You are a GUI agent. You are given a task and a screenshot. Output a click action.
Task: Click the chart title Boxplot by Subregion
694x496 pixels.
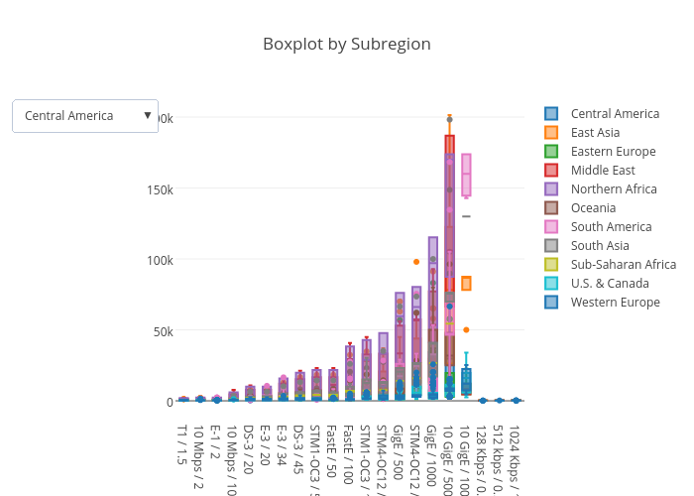pos(346,44)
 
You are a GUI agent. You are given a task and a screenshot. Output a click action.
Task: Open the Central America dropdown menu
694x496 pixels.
pos(85,116)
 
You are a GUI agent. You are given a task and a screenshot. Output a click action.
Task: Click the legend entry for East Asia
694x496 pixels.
pos(595,133)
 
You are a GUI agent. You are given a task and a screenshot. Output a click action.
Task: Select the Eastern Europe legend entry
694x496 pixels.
pos(613,152)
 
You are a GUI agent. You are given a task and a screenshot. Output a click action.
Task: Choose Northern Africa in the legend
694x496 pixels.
pos(614,189)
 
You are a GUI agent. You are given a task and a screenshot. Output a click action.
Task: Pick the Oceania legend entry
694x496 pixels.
pos(593,208)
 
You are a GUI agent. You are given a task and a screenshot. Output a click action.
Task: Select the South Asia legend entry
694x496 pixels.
pos(600,246)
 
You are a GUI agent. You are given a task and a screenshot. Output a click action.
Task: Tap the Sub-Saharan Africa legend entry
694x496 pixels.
pos(623,265)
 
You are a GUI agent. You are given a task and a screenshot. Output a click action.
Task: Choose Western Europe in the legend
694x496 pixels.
pos(615,303)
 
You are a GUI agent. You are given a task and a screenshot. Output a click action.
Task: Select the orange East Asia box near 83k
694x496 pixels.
pos(466,284)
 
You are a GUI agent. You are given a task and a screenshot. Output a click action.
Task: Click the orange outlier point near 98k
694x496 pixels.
pos(416,262)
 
